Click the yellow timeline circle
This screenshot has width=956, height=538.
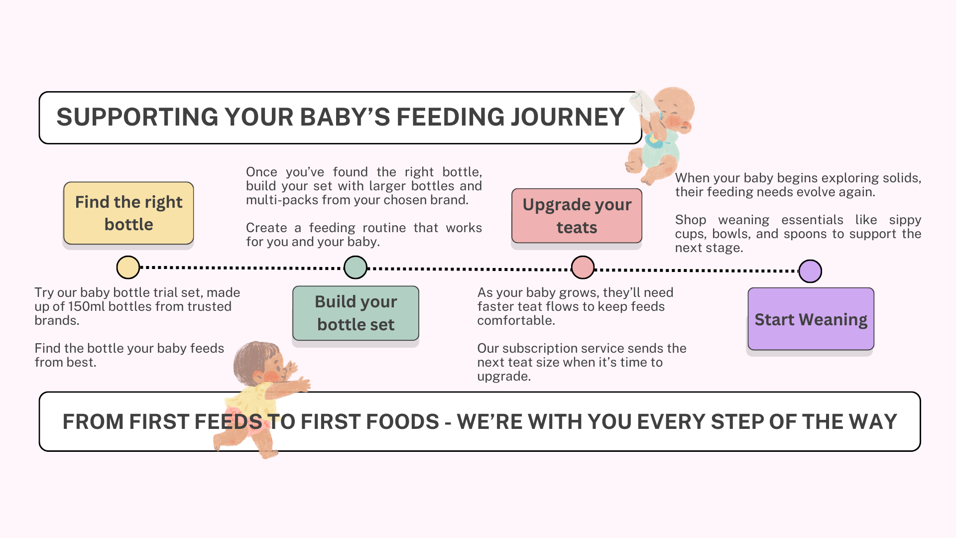click(128, 268)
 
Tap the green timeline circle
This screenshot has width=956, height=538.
click(356, 268)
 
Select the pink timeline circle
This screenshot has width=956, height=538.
click(583, 268)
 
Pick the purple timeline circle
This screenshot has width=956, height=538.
click(810, 271)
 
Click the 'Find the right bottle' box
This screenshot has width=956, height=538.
click(128, 213)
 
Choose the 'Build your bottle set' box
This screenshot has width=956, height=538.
click(356, 313)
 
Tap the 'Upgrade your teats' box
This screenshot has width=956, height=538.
click(577, 216)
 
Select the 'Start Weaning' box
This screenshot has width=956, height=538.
click(811, 319)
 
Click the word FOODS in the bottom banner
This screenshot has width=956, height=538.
click(402, 421)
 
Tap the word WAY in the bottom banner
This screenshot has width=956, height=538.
click(873, 421)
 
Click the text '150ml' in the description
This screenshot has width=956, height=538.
click(86, 306)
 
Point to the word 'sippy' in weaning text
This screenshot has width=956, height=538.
click(905, 220)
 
